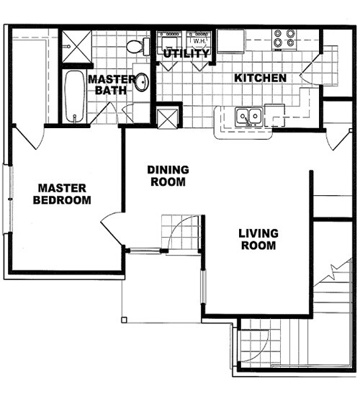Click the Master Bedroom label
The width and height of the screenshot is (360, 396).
coord(62,194)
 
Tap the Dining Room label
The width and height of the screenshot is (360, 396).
coord(168,176)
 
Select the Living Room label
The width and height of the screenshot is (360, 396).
coord(258,239)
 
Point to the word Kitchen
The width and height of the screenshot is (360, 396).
coord(261,78)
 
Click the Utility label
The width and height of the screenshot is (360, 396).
coord(186,54)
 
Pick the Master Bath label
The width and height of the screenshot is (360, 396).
coord(112,84)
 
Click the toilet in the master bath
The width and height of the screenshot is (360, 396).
coord(135,46)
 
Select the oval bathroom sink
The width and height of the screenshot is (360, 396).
coord(141,82)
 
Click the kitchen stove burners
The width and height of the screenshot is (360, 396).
coord(284,38)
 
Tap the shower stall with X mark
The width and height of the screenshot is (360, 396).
coord(73,45)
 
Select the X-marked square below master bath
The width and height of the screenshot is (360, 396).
coord(167,117)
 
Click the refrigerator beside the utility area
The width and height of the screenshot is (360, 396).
coord(230,41)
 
